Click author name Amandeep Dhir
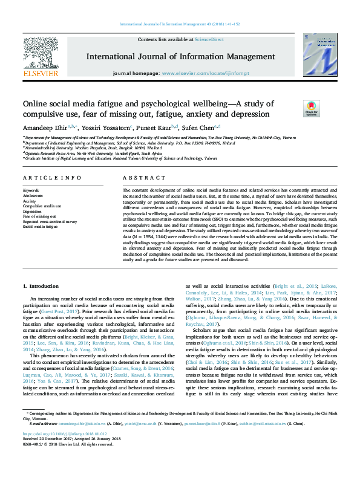coord(45,128)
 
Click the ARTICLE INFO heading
coord(52,178)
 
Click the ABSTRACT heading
coord(140,178)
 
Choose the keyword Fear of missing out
coord(38,216)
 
